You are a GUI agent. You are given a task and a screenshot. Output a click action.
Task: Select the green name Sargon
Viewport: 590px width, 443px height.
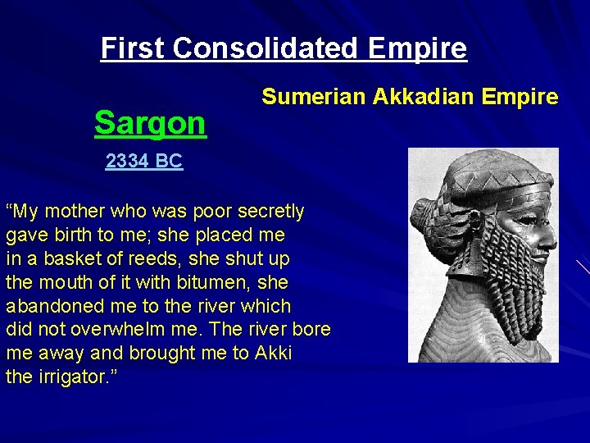coord(150,123)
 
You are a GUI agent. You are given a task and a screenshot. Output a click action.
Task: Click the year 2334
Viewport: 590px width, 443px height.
coord(127,162)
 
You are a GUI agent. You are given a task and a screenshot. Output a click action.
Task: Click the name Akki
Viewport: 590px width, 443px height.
coord(273,354)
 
